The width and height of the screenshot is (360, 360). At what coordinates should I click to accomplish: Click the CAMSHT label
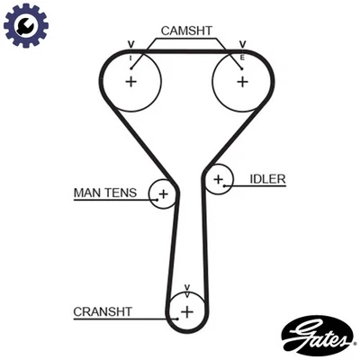coord(186,30)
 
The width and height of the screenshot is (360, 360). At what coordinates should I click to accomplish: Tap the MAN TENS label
coord(105,193)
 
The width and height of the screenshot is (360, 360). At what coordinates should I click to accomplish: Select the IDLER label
coord(267,179)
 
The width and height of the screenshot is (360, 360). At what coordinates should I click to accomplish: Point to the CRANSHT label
coord(103,312)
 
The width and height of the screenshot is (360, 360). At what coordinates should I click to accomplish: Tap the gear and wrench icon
coord(23,25)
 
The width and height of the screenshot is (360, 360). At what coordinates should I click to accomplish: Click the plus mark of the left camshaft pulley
coord(131,82)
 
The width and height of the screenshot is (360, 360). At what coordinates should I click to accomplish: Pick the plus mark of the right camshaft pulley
coord(241,82)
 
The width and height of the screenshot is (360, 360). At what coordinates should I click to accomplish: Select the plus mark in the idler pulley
coord(218,180)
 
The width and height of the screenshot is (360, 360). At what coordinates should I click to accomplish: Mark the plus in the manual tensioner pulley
coord(163,193)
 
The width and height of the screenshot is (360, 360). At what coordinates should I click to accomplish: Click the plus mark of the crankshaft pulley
coord(186,312)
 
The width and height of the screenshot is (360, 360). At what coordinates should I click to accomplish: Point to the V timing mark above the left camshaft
coord(131,43)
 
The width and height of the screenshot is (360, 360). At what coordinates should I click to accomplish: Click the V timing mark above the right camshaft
coord(241,43)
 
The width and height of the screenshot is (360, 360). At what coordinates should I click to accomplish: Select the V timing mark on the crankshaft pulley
coord(186,289)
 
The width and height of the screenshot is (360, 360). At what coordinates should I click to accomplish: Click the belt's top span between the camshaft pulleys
coord(186,51)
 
